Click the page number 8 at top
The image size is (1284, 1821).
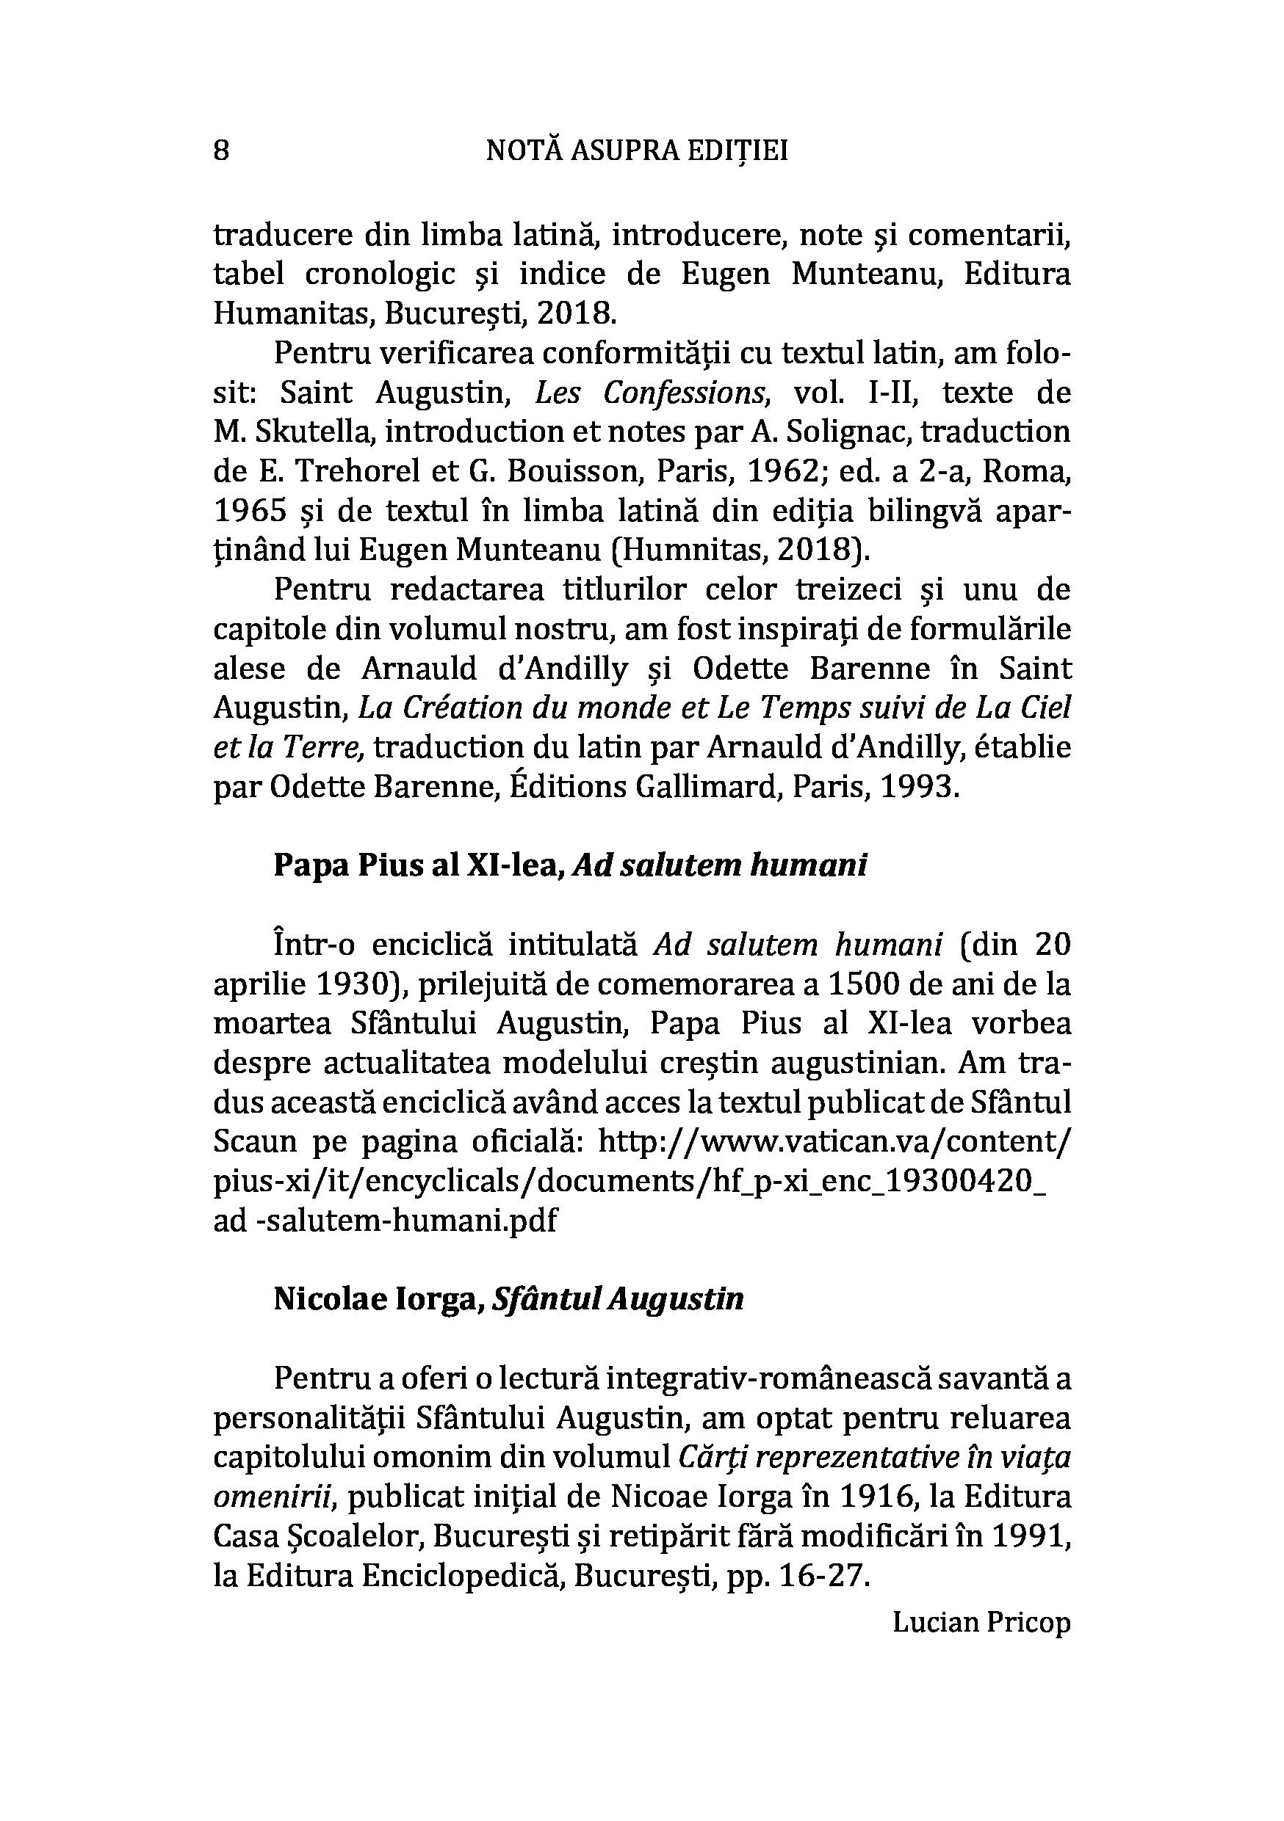pyautogui.click(x=221, y=150)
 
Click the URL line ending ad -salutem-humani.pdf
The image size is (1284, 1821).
pyautogui.click(x=385, y=1221)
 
